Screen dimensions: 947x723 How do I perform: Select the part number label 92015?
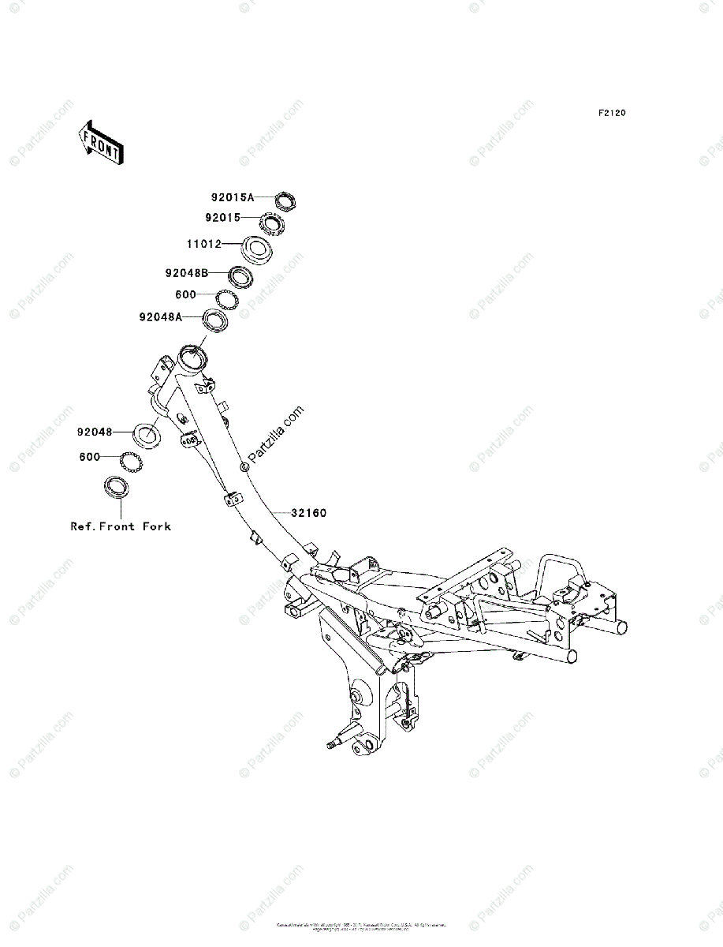click(x=222, y=217)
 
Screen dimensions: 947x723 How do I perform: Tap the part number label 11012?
click(x=204, y=244)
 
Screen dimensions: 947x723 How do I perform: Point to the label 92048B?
click(x=187, y=273)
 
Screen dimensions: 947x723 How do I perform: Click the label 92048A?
click(x=161, y=317)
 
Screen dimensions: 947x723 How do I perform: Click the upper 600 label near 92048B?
click(x=187, y=294)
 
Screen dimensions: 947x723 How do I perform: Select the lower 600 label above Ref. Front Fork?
click(x=90, y=457)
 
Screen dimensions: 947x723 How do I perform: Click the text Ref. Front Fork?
click(x=121, y=526)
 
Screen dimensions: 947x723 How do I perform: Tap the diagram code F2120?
click(x=611, y=114)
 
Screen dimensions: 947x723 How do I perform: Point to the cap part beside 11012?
click(x=257, y=250)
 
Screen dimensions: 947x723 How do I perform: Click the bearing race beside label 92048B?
click(x=240, y=276)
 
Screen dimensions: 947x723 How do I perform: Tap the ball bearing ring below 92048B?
click(x=227, y=299)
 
